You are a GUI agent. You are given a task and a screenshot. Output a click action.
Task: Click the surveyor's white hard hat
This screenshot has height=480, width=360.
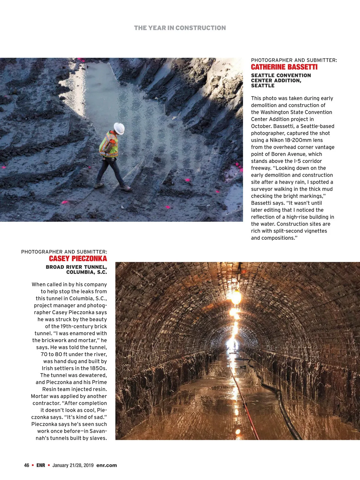pos(119,128)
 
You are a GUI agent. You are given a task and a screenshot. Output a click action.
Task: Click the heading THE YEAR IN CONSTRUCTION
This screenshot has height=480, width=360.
pos(180,28)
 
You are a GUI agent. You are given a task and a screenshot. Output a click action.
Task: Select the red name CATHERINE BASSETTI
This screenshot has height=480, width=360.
pos(284,67)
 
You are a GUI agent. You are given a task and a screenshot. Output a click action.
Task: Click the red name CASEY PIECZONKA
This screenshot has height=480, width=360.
pos(78,259)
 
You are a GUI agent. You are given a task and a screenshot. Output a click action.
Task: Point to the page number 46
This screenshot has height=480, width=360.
pos(27,465)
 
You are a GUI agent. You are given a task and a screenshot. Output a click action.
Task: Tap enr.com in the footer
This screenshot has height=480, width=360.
pos(106,465)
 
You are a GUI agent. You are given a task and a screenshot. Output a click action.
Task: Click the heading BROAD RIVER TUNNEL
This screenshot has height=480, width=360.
pos(76,267)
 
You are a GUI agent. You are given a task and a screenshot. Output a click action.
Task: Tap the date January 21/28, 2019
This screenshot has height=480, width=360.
pos(73,465)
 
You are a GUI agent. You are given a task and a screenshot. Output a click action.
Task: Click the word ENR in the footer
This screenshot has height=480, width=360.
pos(40,465)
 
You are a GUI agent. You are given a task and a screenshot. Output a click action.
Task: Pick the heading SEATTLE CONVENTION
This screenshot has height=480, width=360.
pos(281,75)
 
